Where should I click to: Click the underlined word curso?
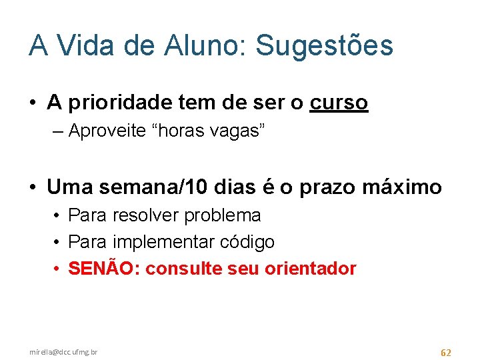point(338,103)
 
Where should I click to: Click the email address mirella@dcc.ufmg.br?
point(63,351)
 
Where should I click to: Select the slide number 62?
point(446,351)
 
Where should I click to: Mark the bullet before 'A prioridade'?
point(33,103)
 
